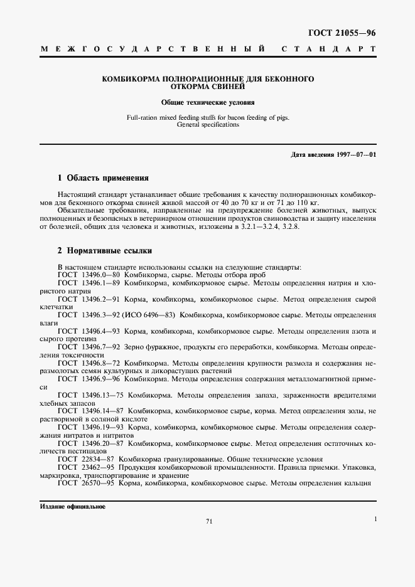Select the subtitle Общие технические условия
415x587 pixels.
tap(207, 102)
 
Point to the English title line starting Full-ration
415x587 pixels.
tap(207, 117)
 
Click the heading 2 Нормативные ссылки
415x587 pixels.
tap(105, 250)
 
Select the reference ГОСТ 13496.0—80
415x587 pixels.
tap(89, 275)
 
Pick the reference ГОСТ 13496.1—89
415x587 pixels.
tap(89, 283)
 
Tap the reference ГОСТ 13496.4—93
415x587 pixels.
tap(89, 331)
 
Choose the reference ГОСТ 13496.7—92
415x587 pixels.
tap(89, 346)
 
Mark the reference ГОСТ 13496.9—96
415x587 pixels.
tap(89, 379)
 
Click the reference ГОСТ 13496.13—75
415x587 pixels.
tap(91, 395)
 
